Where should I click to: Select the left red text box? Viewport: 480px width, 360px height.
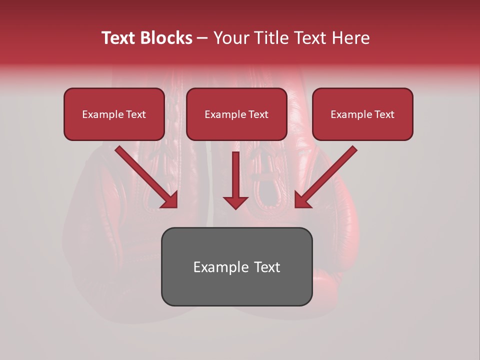(114, 114)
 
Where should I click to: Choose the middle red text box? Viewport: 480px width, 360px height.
(236, 114)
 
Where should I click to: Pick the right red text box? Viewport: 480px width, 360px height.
(362, 114)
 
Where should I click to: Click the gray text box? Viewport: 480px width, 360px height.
(236, 266)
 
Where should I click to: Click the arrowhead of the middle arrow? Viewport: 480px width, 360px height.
(235, 202)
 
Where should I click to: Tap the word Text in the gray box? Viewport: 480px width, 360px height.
(267, 267)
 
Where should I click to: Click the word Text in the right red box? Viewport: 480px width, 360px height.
(384, 114)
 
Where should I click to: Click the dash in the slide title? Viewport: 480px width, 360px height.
(202, 38)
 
